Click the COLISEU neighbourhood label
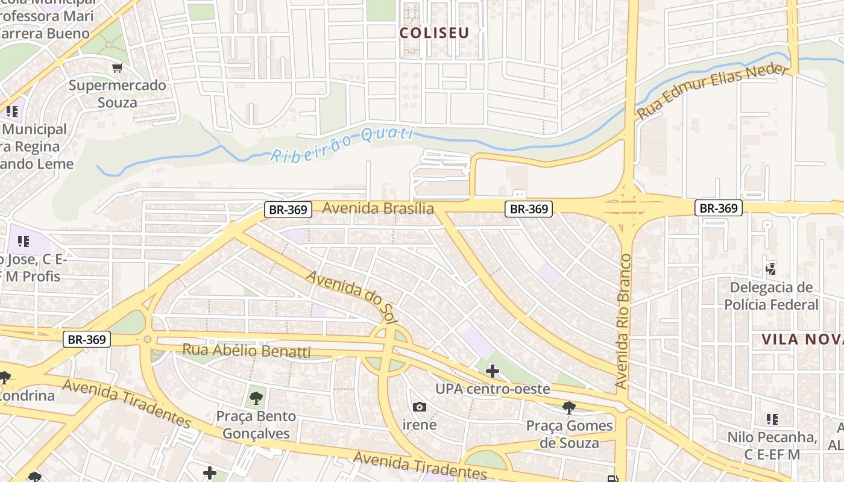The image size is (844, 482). [x=434, y=33]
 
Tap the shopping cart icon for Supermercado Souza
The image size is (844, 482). [x=117, y=68]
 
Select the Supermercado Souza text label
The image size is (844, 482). [x=117, y=93]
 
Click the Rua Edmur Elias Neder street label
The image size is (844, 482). [x=713, y=91]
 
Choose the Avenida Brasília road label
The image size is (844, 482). [x=378, y=208]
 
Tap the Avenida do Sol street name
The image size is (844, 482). [x=351, y=299]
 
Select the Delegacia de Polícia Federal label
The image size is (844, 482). [x=771, y=296]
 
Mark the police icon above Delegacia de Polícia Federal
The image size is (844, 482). [x=770, y=268]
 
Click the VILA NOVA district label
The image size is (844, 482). [x=802, y=339]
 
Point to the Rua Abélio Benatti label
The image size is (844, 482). [x=246, y=351]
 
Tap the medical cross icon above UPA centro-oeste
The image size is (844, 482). [x=492, y=371]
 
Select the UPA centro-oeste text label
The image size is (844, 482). [x=493, y=389]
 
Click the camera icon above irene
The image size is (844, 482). [x=420, y=407]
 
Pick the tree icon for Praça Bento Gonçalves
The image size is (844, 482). [x=256, y=398]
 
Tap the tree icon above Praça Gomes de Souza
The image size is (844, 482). [x=568, y=408]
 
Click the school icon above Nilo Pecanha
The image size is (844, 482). [x=772, y=419]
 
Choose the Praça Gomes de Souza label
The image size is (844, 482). [x=569, y=434]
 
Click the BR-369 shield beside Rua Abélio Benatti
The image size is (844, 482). [x=87, y=339]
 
